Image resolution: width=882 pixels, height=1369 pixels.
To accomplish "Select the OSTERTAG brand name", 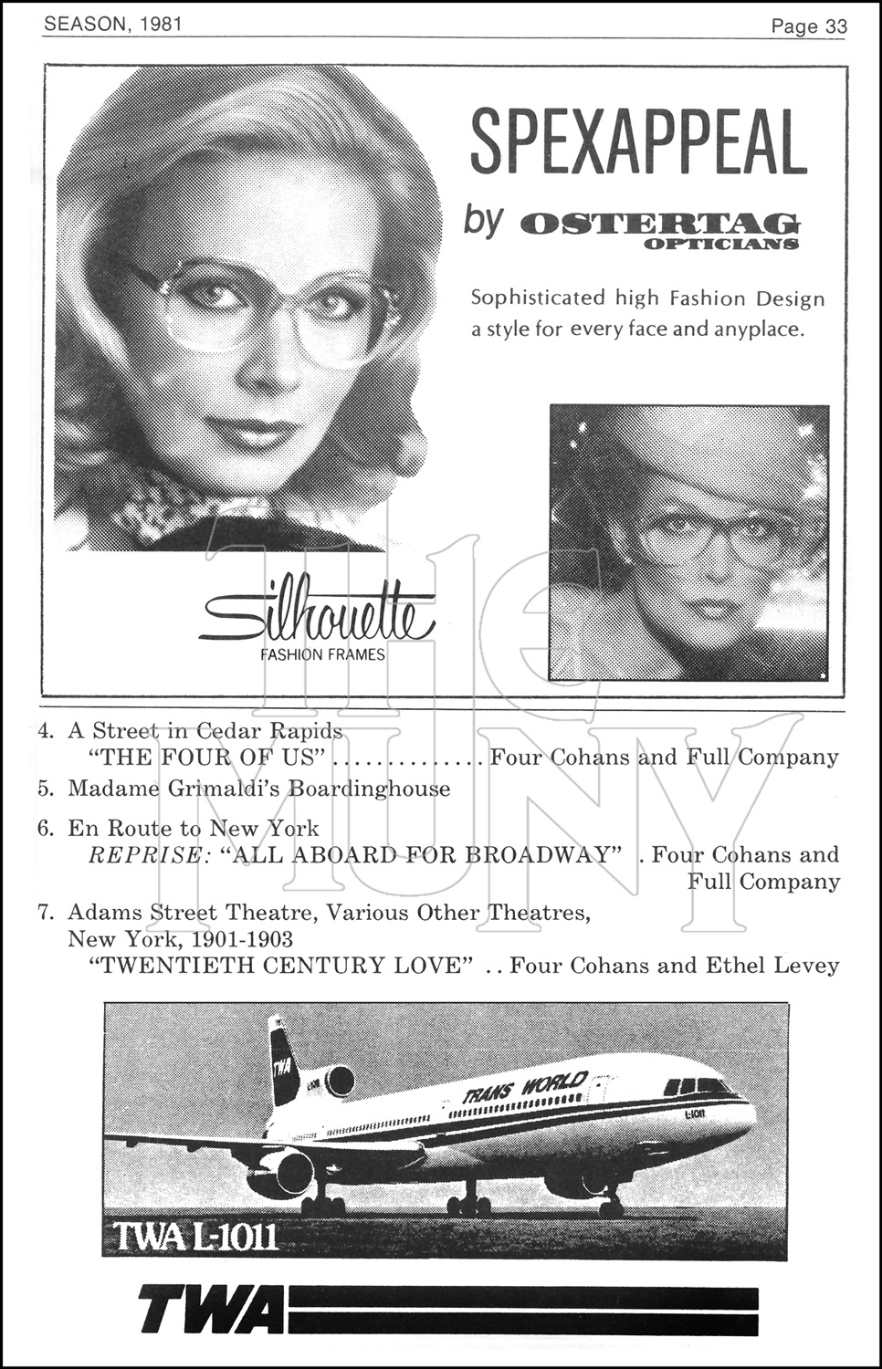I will click(x=657, y=224).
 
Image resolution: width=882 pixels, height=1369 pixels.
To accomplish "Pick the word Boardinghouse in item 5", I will click(x=369, y=789).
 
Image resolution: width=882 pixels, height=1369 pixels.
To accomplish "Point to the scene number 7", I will click(x=45, y=913).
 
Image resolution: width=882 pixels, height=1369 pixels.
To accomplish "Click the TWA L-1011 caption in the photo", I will click(x=195, y=1238).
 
